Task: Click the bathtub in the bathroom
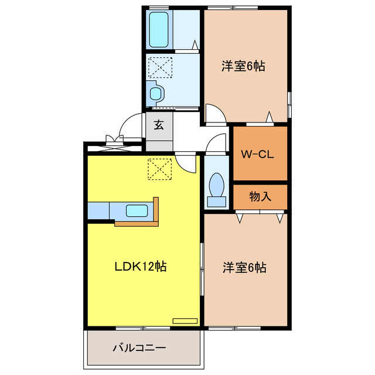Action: [159, 29]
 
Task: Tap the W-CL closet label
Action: [258, 155]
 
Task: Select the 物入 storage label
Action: [260, 197]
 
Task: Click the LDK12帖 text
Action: [140, 267]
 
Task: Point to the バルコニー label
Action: [139, 347]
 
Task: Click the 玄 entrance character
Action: [159, 125]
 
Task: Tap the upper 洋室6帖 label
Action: [243, 66]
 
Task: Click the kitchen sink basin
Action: [137, 210]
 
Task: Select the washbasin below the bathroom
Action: [155, 93]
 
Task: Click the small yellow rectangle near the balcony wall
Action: [185, 321]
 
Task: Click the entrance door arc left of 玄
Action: [127, 126]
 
